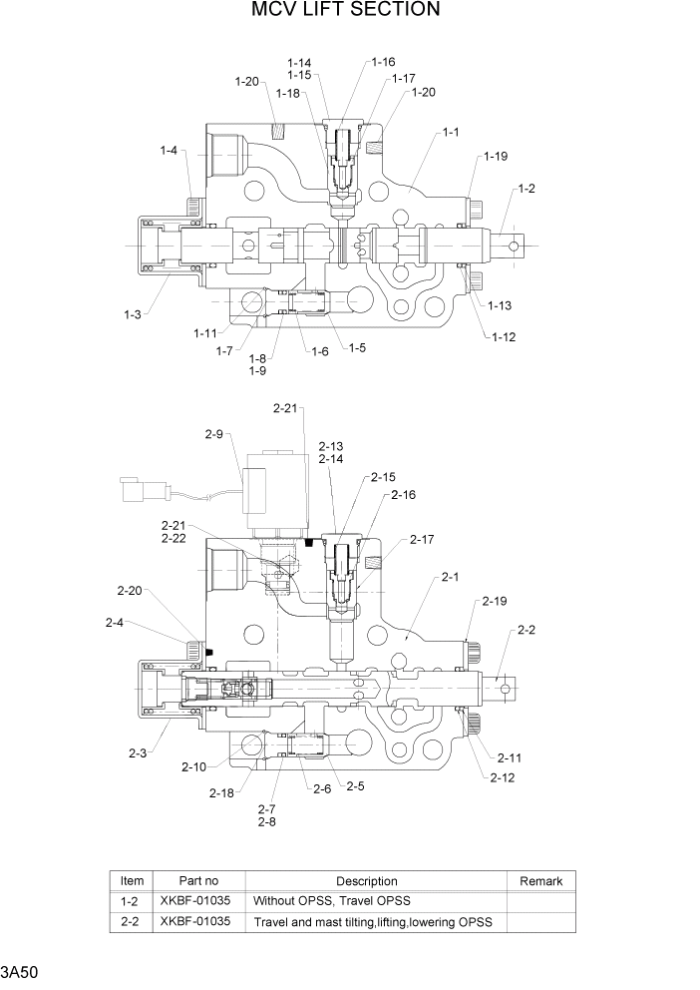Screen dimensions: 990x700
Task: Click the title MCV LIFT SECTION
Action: pyautogui.click(x=347, y=11)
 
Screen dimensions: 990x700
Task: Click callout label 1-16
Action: pyautogui.click(x=383, y=62)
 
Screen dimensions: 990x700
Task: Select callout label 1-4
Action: pyautogui.click(x=169, y=151)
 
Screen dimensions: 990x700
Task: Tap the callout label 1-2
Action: pyautogui.click(x=526, y=189)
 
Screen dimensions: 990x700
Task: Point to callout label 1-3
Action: pyautogui.click(x=133, y=314)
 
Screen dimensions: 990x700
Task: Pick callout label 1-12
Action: pyautogui.click(x=504, y=337)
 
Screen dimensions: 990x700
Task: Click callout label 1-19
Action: pyautogui.click(x=496, y=156)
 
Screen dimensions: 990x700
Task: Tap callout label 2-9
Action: pyautogui.click(x=214, y=434)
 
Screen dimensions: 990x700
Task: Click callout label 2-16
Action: pyautogui.click(x=403, y=495)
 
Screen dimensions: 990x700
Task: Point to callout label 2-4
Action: pyautogui.click(x=115, y=623)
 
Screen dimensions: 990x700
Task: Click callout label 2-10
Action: pyautogui.click(x=194, y=766)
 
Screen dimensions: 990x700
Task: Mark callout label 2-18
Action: pyautogui.click(x=222, y=792)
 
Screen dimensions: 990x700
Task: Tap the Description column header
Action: pyautogui.click(x=367, y=881)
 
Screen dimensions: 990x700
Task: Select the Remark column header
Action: pyautogui.click(x=541, y=881)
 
